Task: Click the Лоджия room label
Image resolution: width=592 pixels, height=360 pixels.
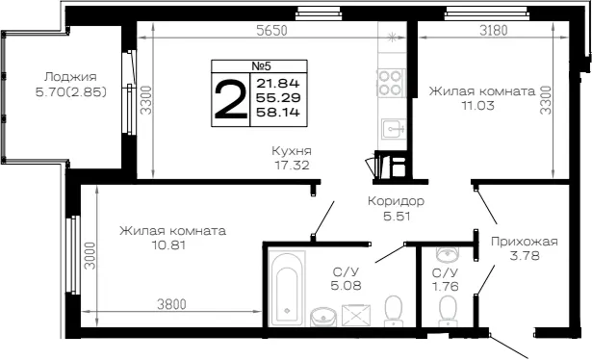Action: (70, 77)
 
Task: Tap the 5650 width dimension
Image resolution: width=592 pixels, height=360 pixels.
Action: (271, 31)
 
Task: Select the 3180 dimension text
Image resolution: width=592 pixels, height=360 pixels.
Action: (494, 30)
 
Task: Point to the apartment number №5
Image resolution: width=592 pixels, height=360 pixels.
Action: (261, 66)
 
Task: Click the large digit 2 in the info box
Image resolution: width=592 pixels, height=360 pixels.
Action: (230, 100)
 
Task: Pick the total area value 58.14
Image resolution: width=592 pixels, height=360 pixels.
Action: (278, 112)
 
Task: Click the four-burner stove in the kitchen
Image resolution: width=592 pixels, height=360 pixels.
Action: (391, 83)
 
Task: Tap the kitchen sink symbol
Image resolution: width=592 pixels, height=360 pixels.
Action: (394, 129)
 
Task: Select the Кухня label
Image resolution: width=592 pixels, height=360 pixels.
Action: (292, 151)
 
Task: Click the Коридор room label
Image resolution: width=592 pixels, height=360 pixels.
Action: (396, 201)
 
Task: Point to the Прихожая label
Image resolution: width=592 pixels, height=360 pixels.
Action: (524, 242)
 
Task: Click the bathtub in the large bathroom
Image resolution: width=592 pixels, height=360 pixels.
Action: (287, 289)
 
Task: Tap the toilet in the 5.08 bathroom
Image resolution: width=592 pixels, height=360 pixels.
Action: (393, 311)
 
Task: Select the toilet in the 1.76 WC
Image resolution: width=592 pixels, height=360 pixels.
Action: (448, 311)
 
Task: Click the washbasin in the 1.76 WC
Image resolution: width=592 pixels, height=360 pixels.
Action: (448, 254)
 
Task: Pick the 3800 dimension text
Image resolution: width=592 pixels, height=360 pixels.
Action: (171, 304)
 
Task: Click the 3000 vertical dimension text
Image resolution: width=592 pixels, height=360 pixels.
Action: (90, 255)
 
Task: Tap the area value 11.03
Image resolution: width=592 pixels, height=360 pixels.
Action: (478, 105)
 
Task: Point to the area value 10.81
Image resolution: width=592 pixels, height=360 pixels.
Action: (168, 245)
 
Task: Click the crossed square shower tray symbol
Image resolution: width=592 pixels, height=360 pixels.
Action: (356, 315)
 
